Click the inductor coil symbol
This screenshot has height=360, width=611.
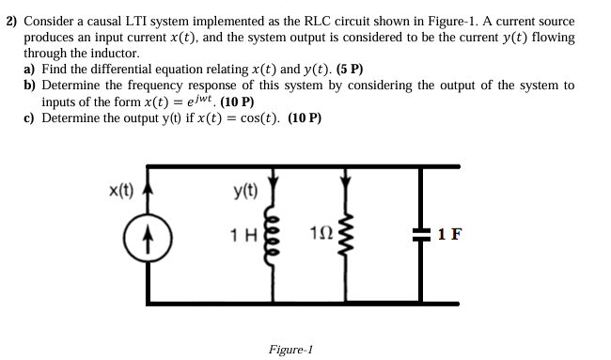tap(274, 233)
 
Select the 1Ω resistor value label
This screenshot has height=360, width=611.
tap(319, 233)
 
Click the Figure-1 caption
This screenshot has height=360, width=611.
tap(290, 349)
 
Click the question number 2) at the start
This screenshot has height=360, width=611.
tap(12, 20)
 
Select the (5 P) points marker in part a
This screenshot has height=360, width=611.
tap(349, 70)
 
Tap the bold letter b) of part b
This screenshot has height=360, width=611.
tap(30, 86)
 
